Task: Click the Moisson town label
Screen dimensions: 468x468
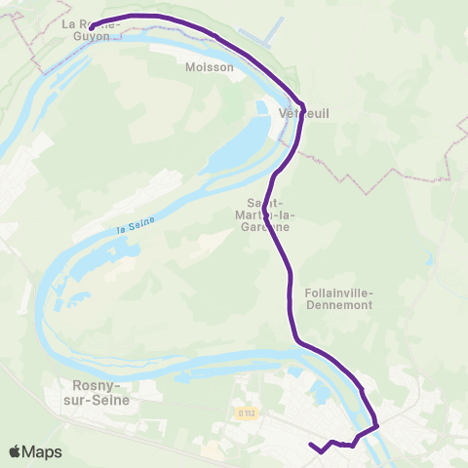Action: point(210,67)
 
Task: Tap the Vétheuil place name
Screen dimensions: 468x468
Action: point(303,114)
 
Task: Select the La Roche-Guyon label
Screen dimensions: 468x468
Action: point(93,29)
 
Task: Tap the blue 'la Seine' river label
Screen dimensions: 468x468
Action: point(136,228)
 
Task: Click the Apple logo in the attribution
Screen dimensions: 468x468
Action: point(16,451)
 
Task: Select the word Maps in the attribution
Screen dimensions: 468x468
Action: point(42,451)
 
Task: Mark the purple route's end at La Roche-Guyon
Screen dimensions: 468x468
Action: point(91,26)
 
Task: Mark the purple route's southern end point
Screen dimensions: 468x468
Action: point(311,446)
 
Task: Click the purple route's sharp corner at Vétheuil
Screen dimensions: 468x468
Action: point(303,104)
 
